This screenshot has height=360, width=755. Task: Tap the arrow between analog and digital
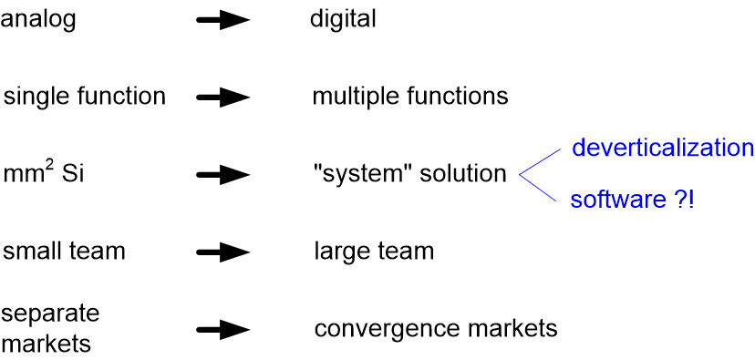click(x=222, y=20)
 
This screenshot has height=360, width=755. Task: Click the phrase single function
click(x=85, y=97)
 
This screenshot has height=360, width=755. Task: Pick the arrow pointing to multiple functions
click(x=222, y=98)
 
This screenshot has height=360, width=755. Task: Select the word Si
click(x=72, y=173)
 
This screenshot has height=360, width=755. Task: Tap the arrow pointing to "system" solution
click(x=222, y=174)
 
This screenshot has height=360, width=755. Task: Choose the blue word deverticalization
click(x=663, y=148)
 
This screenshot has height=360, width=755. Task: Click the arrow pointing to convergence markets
click(x=222, y=329)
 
